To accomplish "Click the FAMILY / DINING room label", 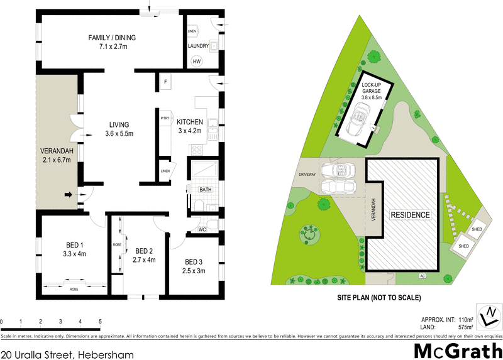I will click(112, 38).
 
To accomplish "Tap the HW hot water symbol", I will click(197, 61).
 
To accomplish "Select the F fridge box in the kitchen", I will click(165, 82).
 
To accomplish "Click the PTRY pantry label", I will click(165, 117).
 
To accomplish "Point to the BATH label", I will click(206, 189).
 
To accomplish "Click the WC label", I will click(202, 229).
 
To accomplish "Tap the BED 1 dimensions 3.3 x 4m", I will click(75, 254).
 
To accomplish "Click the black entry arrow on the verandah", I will click(68, 195).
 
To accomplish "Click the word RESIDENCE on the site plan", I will click(411, 215).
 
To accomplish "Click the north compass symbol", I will click(489, 315).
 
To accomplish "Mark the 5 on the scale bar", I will click(100, 322).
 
